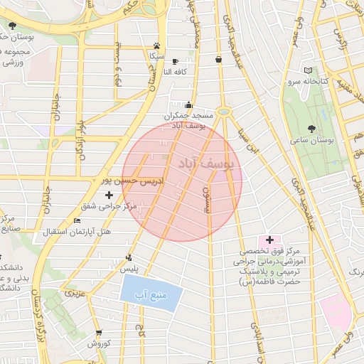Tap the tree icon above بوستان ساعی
pos(312,129)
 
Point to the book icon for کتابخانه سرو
pos(308,70)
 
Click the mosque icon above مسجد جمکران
pos(188,105)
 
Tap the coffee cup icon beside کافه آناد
pos(176,62)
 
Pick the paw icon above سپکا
pos(156,45)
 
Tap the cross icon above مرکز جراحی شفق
pos(109,194)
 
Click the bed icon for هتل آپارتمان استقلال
pos(77,221)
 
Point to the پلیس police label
pos(129,269)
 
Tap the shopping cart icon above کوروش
pos(97,332)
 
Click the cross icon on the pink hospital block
pos(269,240)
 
